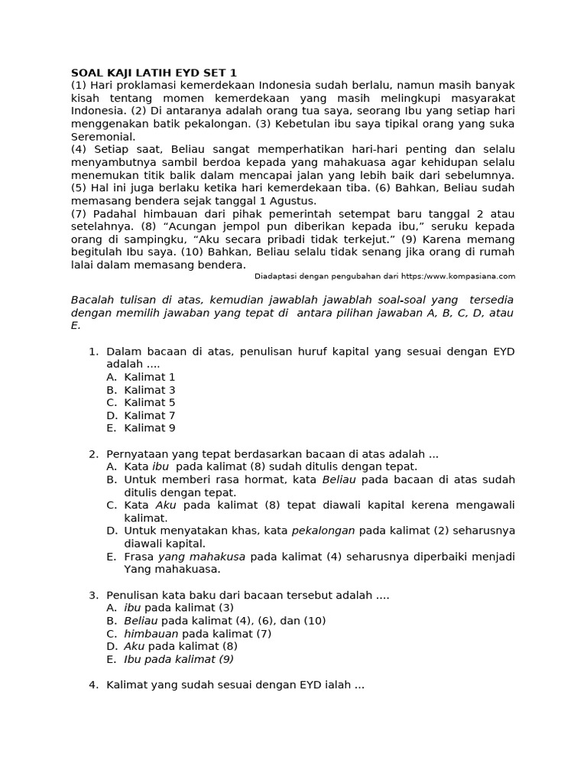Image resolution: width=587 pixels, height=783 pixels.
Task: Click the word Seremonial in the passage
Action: (x=102, y=137)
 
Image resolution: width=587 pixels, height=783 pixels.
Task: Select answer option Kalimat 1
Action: (x=150, y=377)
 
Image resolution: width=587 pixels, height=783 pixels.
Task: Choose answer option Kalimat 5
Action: (x=150, y=402)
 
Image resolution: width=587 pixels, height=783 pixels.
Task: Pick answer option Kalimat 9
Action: (x=150, y=428)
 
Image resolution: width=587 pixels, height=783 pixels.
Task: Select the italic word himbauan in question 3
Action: (x=151, y=634)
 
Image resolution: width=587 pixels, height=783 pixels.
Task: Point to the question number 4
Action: (x=93, y=685)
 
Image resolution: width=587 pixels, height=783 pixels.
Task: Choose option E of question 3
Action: (x=179, y=659)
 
